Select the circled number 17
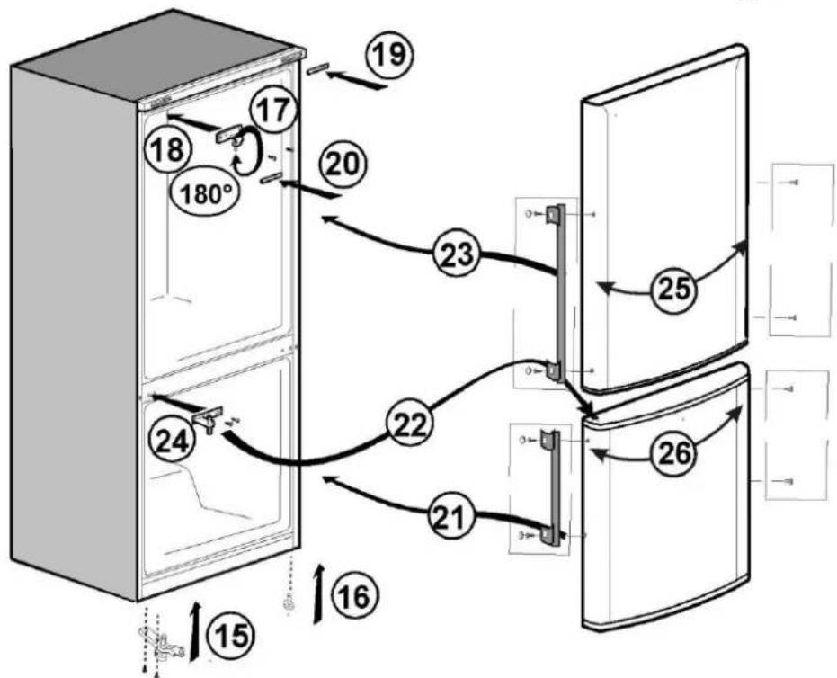[x=274, y=111]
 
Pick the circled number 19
[x=390, y=55]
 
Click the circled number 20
[x=343, y=164]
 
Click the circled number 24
[x=172, y=441]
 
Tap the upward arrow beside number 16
[x=319, y=593]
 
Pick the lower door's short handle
[x=552, y=488]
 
